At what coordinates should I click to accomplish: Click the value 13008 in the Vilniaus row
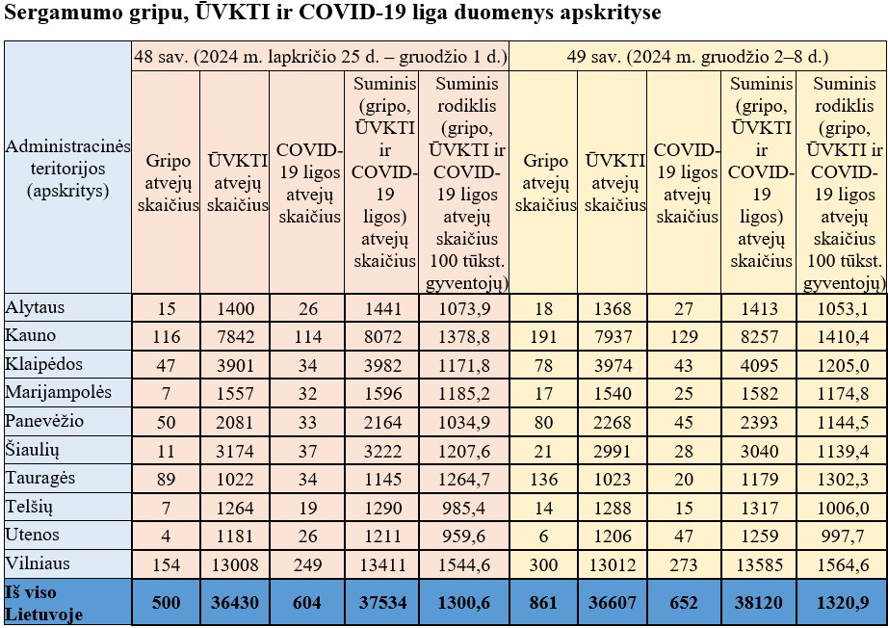234,564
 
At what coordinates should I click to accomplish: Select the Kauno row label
31,335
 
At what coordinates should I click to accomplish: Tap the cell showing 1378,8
464,337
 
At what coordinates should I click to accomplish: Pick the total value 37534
382,602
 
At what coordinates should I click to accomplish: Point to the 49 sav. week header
697,57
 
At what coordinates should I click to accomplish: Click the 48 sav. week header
321,57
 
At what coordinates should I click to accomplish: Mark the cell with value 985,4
464,508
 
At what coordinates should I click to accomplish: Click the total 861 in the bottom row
543,602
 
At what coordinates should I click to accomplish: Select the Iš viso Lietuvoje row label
43,603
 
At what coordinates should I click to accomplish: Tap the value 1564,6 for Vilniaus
843,564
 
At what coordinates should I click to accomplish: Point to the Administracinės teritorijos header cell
68,169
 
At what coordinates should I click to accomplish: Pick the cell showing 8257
760,337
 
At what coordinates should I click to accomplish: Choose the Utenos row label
33,535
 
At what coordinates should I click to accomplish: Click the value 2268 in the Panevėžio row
613,423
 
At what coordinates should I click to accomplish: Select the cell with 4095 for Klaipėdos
760,365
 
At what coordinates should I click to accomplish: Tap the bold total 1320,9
843,602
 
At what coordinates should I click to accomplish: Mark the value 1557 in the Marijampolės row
234,394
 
